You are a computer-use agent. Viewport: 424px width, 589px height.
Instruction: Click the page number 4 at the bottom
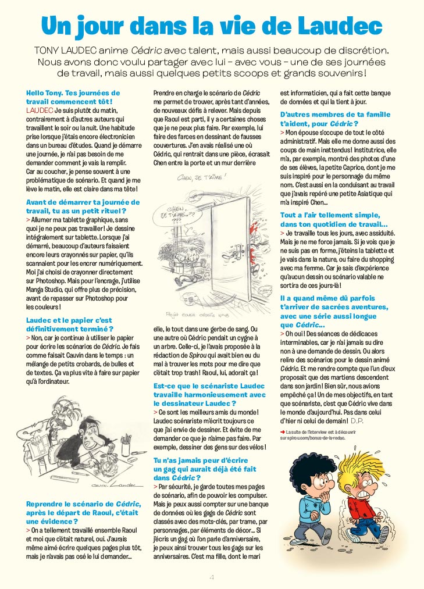[212, 577]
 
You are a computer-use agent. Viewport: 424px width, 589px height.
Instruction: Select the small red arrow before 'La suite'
[283, 431]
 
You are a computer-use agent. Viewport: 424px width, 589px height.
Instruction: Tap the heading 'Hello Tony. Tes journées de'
[73, 93]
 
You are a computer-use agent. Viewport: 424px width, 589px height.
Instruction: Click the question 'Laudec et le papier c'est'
[69, 320]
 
